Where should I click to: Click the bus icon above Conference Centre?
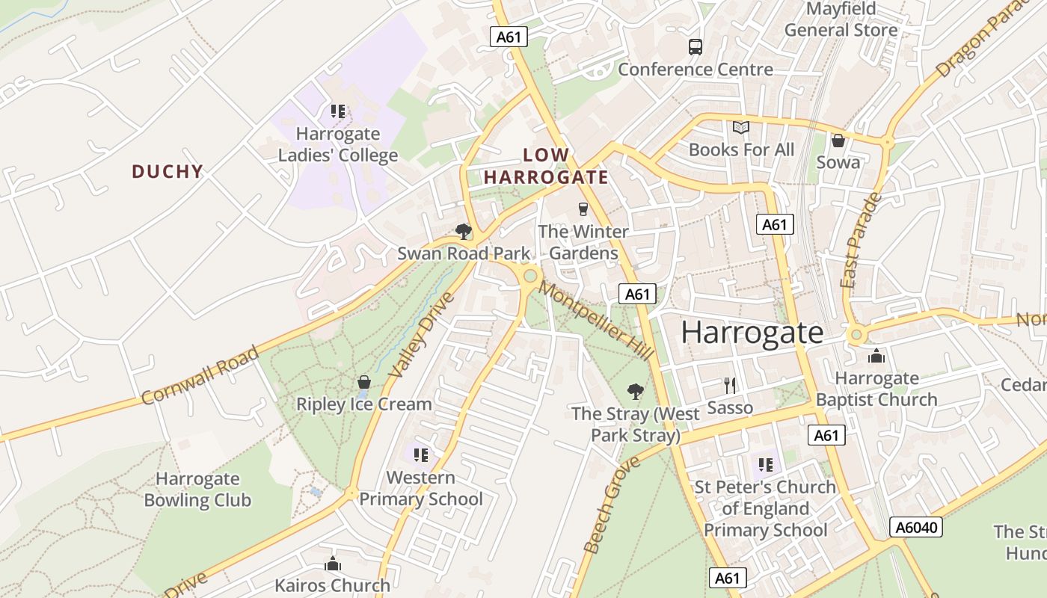click(x=696, y=47)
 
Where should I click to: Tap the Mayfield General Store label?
click(x=841, y=20)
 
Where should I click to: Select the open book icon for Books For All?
click(x=740, y=128)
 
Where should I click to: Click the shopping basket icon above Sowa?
click(x=838, y=141)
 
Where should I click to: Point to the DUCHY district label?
click(x=168, y=172)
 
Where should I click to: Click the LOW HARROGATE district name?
click(x=545, y=167)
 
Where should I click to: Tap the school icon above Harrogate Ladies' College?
click(x=338, y=112)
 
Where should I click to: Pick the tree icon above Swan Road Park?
click(x=464, y=231)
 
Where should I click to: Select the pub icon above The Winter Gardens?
click(x=583, y=209)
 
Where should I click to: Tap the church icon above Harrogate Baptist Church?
click(x=876, y=356)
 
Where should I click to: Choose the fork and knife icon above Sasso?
click(x=730, y=386)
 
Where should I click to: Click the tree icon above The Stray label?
click(x=635, y=391)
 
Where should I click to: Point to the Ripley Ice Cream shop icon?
click(x=364, y=382)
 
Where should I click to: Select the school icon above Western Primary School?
click(x=421, y=454)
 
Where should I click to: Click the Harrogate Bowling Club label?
click(x=197, y=490)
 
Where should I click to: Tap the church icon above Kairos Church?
click(x=333, y=564)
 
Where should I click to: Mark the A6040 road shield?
click(x=916, y=528)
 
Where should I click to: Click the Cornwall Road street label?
click(x=200, y=375)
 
